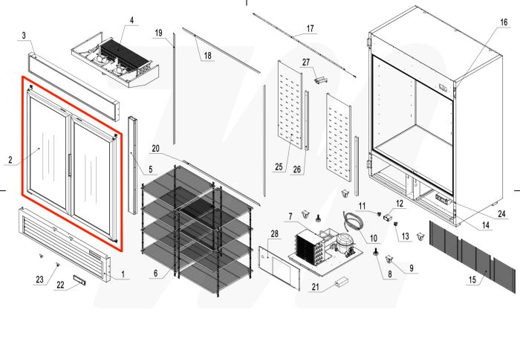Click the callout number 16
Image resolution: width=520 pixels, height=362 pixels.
coord(504,23)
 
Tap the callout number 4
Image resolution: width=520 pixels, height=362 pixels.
coord(132,20)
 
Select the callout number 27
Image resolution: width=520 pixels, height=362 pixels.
coord(305,62)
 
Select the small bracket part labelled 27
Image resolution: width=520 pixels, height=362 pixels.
coord(320,77)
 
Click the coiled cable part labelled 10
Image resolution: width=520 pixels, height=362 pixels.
coord(351,220)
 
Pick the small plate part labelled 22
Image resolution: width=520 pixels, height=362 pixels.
coord(79,280)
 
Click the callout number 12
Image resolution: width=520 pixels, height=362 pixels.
coord(399,203)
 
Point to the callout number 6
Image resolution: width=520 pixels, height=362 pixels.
coord(156,274)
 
